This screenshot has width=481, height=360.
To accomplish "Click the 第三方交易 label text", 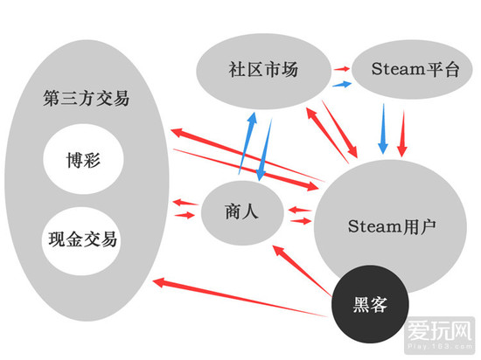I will pyautogui.click(x=86, y=98).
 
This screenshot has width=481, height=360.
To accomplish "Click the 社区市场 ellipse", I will pyautogui.click(x=257, y=70).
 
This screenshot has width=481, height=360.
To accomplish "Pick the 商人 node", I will pyautogui.click(x=242, y=212).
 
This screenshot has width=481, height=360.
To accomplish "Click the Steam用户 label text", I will pyautogui.click(x=391, y=225).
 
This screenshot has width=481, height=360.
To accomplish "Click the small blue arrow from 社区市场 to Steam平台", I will pyautogui.click(x=341, y=83).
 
